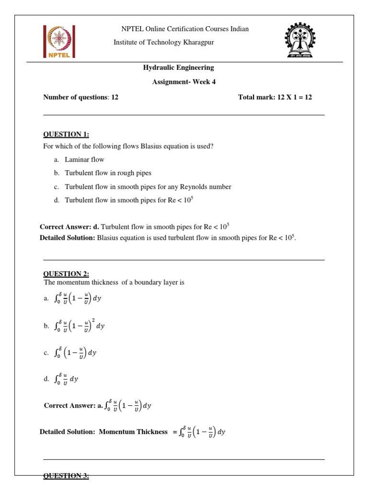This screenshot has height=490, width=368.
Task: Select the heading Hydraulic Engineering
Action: [179, 68]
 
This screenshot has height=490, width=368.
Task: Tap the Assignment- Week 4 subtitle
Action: [184, 82]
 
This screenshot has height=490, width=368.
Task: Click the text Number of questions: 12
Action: [81, 97]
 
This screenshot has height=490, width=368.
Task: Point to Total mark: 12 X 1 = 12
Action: [275, 97]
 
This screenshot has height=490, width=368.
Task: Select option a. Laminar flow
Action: [84, 159]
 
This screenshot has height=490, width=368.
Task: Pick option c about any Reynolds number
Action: [148, 187]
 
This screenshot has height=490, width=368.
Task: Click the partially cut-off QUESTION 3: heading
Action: [66, 476]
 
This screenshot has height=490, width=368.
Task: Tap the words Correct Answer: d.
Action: [69, 226]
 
